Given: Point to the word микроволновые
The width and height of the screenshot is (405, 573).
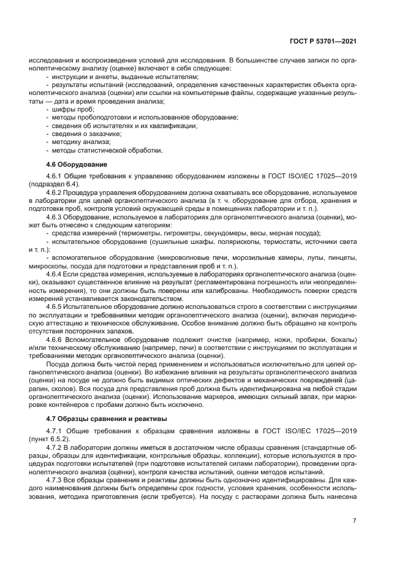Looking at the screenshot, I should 168,259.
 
